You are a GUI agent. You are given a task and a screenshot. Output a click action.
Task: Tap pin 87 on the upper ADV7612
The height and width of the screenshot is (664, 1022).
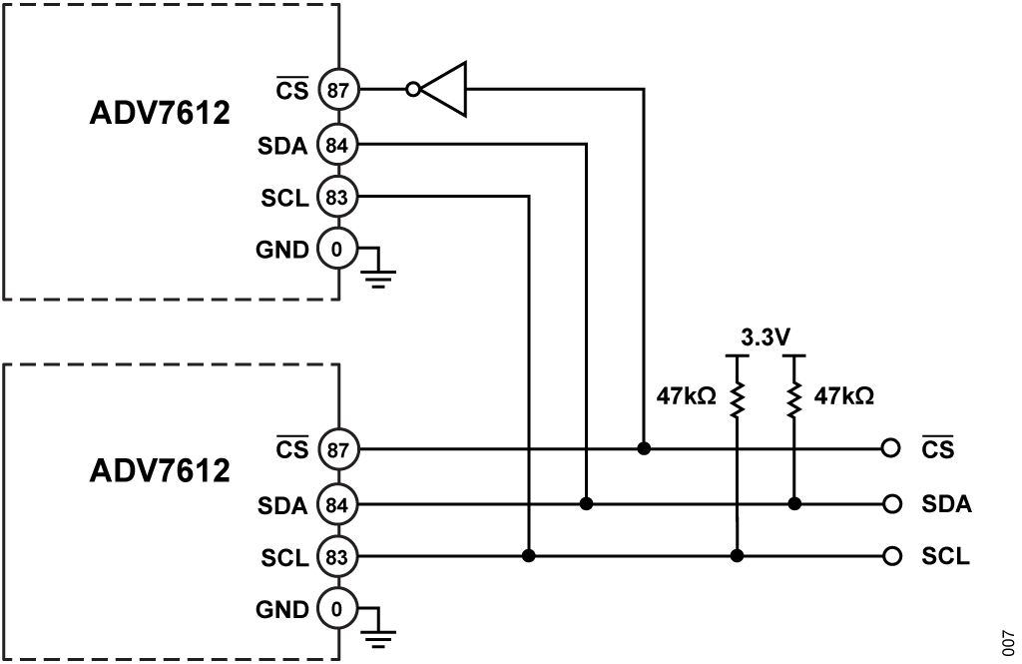[337, 90]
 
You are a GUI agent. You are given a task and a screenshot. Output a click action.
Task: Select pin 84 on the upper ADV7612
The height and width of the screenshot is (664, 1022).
[337, 145]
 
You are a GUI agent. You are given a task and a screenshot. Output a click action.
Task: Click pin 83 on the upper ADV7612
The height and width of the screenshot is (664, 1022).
[337, 197]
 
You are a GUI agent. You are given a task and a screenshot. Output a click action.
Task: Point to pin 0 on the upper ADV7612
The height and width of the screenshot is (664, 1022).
[337, 249]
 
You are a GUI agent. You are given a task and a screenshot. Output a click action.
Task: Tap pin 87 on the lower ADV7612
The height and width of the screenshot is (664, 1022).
[337, 449]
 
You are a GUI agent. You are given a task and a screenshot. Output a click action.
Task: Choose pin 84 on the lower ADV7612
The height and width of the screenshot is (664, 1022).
[337, 503]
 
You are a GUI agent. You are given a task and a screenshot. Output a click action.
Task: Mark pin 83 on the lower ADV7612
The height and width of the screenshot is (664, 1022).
[337, 555]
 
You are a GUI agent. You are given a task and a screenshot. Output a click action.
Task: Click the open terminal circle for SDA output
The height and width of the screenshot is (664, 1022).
[892, 503]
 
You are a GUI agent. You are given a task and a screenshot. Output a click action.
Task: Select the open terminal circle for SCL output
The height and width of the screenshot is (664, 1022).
[892, 555]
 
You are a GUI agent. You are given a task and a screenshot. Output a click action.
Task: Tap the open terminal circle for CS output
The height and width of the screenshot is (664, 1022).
[892, 449]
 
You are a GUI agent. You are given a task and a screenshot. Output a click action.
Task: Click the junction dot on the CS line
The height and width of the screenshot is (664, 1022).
[644, 449]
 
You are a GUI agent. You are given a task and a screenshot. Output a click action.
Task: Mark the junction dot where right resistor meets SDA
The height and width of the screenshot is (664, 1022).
[794, 503]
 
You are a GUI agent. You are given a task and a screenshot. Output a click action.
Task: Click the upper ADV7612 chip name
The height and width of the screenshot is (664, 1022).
[161, 113]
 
